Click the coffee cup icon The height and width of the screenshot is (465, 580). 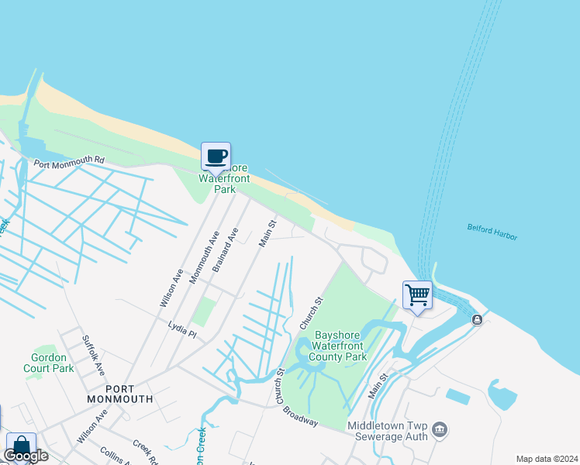click(x=216, y=157)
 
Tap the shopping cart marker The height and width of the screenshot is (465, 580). click(x=417, y=295)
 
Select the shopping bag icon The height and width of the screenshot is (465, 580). click(x=21, y=447)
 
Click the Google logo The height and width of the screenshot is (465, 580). click(x=26, y=456)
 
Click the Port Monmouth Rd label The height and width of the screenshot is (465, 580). click(x=68, y=160)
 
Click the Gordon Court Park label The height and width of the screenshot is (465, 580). click(x=53, y=363)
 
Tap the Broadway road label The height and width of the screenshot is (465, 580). click(x=300, y=416)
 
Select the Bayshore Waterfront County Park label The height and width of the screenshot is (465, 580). click(x=337, y=346)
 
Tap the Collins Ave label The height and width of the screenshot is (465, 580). click(x=114, y=456)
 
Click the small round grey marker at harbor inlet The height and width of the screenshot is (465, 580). click(x=477, y=319)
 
